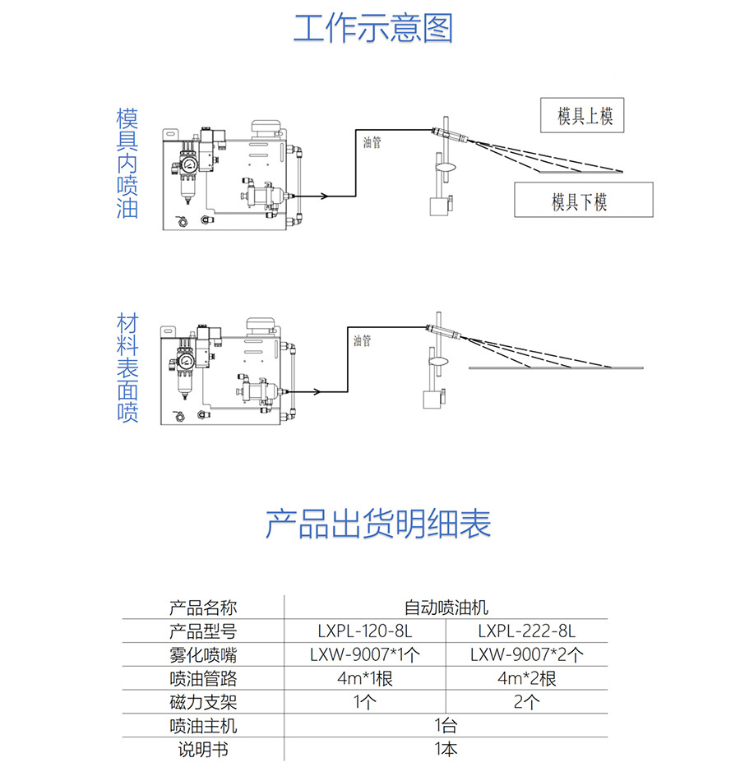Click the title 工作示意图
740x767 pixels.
(372, 29)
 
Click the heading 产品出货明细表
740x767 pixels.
(377, 524)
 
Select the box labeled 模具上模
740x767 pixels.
(582, 115)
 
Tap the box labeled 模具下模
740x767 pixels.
(584, 200)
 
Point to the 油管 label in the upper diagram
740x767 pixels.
(372, 142)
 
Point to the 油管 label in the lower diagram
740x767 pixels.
(363, 340)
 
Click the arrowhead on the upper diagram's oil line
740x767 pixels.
(324, 196)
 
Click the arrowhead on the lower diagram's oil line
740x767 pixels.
(317, 391)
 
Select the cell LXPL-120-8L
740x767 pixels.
(365, 631)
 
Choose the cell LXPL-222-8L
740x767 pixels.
(527, 631)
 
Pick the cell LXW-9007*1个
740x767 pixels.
(365, 654)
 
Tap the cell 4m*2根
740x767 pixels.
(527, 678)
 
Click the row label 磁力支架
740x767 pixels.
(203, 702)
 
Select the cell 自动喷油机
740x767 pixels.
(446, 608)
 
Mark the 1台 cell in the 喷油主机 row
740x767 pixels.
(446, 725)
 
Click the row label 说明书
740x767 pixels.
(203, 750)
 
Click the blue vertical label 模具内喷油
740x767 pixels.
(127, 164)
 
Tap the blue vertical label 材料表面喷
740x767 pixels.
(127, 367)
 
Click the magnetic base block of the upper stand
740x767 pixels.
(438, 206)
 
